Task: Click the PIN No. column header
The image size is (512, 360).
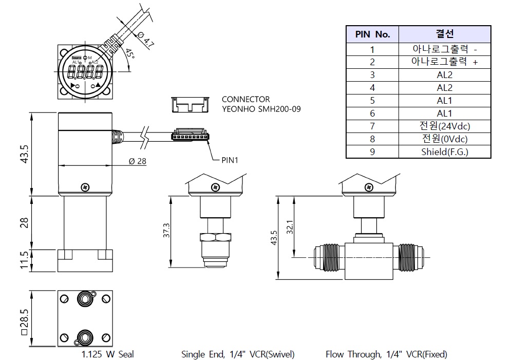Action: [x=372, y=34]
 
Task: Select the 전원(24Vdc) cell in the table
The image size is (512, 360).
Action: [x=445, y=126]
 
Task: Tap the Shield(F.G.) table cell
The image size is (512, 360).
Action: [x=445, y=152]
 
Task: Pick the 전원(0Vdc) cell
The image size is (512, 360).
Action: [x=445, y=139]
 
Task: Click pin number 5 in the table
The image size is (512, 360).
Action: [x=372, y=101]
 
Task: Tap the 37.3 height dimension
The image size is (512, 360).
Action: [x=165, y=231]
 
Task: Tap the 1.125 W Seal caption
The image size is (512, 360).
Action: [x=107, y=354]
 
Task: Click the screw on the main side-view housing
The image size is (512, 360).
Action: [x=85, y=185]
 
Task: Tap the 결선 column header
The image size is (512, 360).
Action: [x=445, y=34]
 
